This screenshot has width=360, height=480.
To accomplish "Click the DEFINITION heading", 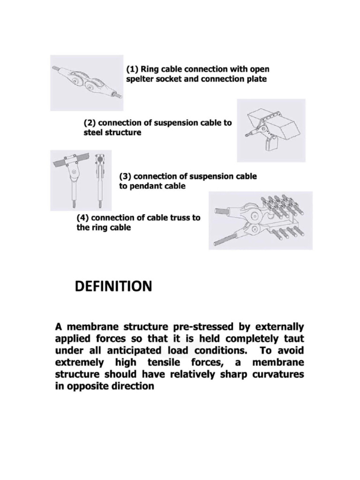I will [x=113, y=286].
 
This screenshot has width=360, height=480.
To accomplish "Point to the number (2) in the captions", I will [x=90, y=123].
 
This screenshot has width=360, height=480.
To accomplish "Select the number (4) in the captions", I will [x=83, y=218].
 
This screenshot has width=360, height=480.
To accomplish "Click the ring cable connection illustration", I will [x=87, y=83].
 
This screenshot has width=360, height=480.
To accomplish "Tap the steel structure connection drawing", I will [x=270, y=130].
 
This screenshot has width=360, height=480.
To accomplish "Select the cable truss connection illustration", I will [x=260, y=220].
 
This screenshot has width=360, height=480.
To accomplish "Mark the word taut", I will [x=293, y=338].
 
